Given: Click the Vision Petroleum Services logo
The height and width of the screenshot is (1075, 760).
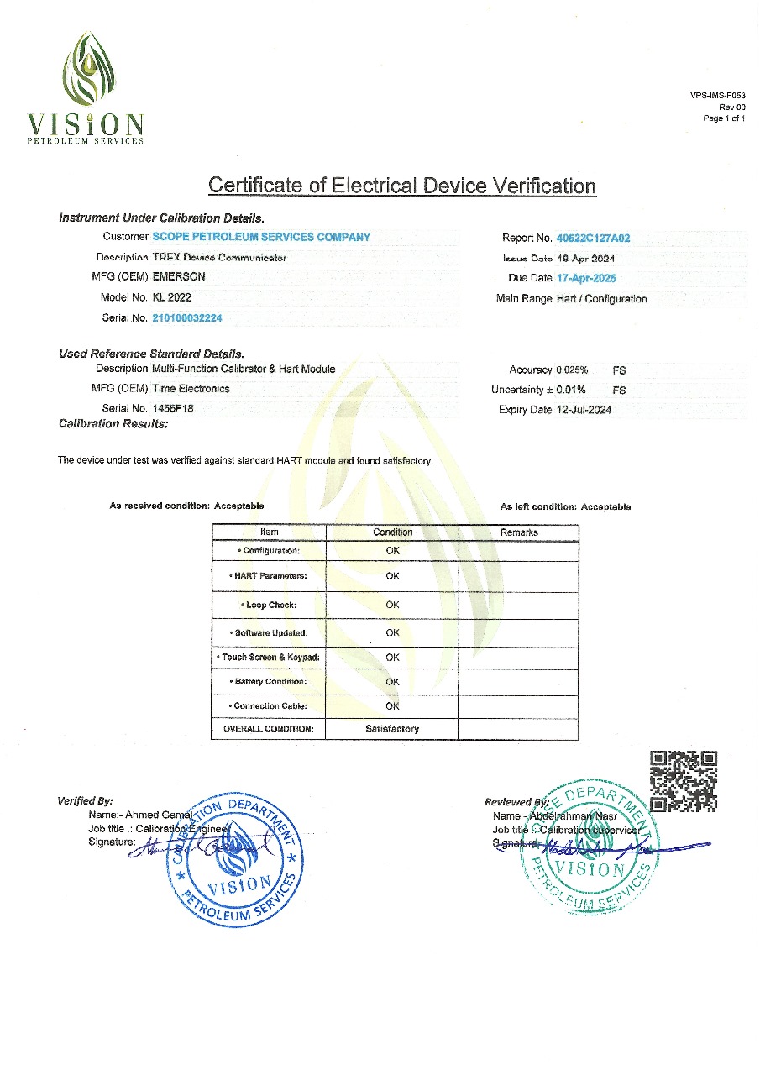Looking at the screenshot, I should tap(86, 87).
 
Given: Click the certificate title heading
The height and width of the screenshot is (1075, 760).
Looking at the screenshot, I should tap(401, 186).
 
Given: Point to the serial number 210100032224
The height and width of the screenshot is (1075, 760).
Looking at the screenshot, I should tap(187, 318).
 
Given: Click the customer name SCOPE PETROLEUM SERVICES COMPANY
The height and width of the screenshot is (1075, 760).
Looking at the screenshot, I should tap(261, 237).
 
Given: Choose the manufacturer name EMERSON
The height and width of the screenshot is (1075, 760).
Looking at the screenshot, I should tap(178, 276).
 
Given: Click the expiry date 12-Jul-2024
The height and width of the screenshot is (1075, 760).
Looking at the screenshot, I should tap(584, 410).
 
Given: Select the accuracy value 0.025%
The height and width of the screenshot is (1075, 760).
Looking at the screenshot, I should tap(572, 370).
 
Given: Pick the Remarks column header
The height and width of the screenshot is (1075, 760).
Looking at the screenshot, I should tap(519, 532).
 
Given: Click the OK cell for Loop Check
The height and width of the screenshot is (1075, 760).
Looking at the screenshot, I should tap(392, 605).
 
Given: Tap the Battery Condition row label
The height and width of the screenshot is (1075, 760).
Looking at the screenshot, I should tap(268, 682).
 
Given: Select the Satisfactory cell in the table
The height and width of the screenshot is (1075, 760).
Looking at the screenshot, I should tap(392, 729).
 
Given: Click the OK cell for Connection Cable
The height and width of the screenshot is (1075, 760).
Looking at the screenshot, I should tap(392, 706).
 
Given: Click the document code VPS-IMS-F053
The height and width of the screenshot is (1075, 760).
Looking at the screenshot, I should tap(718, 97).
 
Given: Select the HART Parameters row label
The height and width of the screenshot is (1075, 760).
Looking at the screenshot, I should tap(268, 576).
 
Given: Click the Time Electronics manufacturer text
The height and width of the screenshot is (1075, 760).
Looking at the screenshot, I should tap(191, 389).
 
